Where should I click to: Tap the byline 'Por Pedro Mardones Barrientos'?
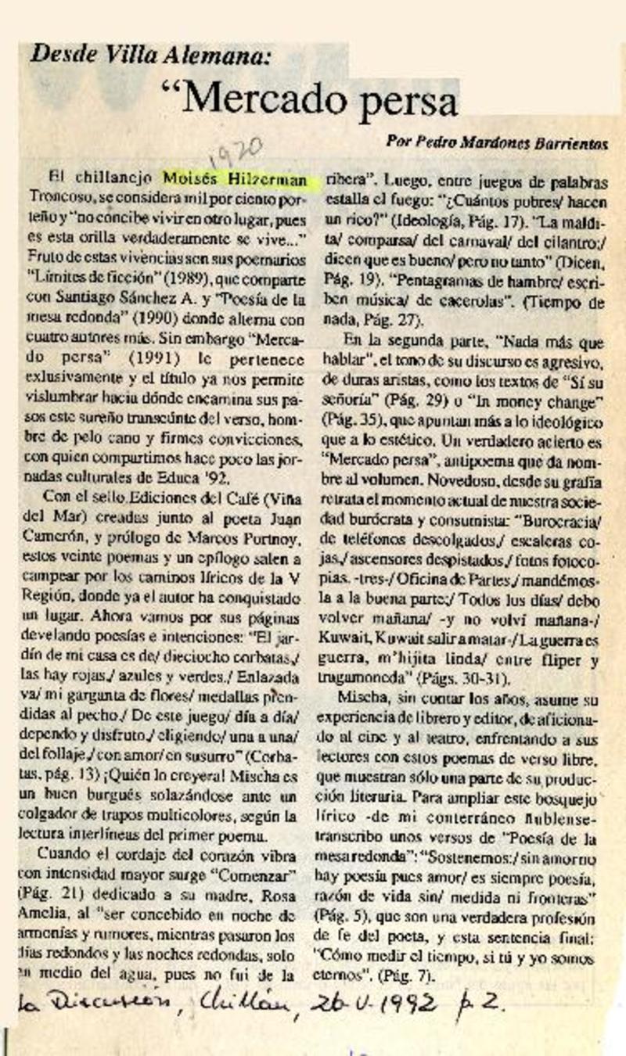(x=497, y=142)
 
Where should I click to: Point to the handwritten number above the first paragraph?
(x=235, y=153)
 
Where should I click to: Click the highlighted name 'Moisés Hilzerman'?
(x=235, y=180)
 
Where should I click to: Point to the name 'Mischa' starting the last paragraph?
(x=362, y=696)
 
